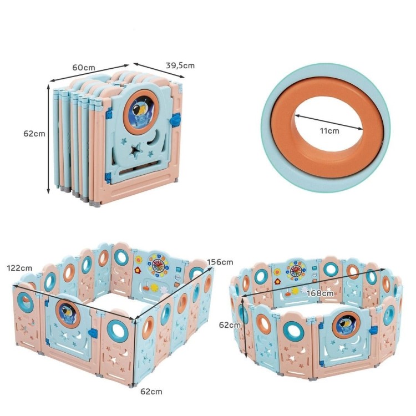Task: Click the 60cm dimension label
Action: click(84, 67)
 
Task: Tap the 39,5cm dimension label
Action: click(180, 65)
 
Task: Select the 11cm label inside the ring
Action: click(329, 131)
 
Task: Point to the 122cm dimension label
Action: click(19, 268)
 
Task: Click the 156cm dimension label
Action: click(220, 262)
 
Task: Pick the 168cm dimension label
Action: click(320, 293)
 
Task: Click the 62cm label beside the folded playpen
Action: click(34, 134)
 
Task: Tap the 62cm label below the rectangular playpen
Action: click(151, 392)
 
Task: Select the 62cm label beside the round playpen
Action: click(230, 324)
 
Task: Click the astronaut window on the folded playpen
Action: click(141, 111)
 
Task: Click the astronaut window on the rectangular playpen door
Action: click(68, 313)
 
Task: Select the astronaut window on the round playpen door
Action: click(347, 324)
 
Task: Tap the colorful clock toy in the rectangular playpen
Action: click(158, 266)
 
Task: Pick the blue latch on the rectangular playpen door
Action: click(92, 333)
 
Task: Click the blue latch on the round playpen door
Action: click(373, 331)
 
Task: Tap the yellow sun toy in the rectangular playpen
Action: click(154, 287)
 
